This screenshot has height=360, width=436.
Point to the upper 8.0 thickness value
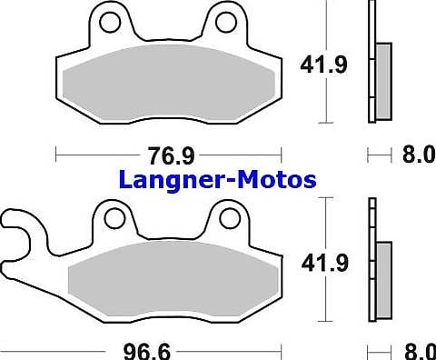coord(418,155)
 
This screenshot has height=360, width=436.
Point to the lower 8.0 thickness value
coord(418,349)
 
